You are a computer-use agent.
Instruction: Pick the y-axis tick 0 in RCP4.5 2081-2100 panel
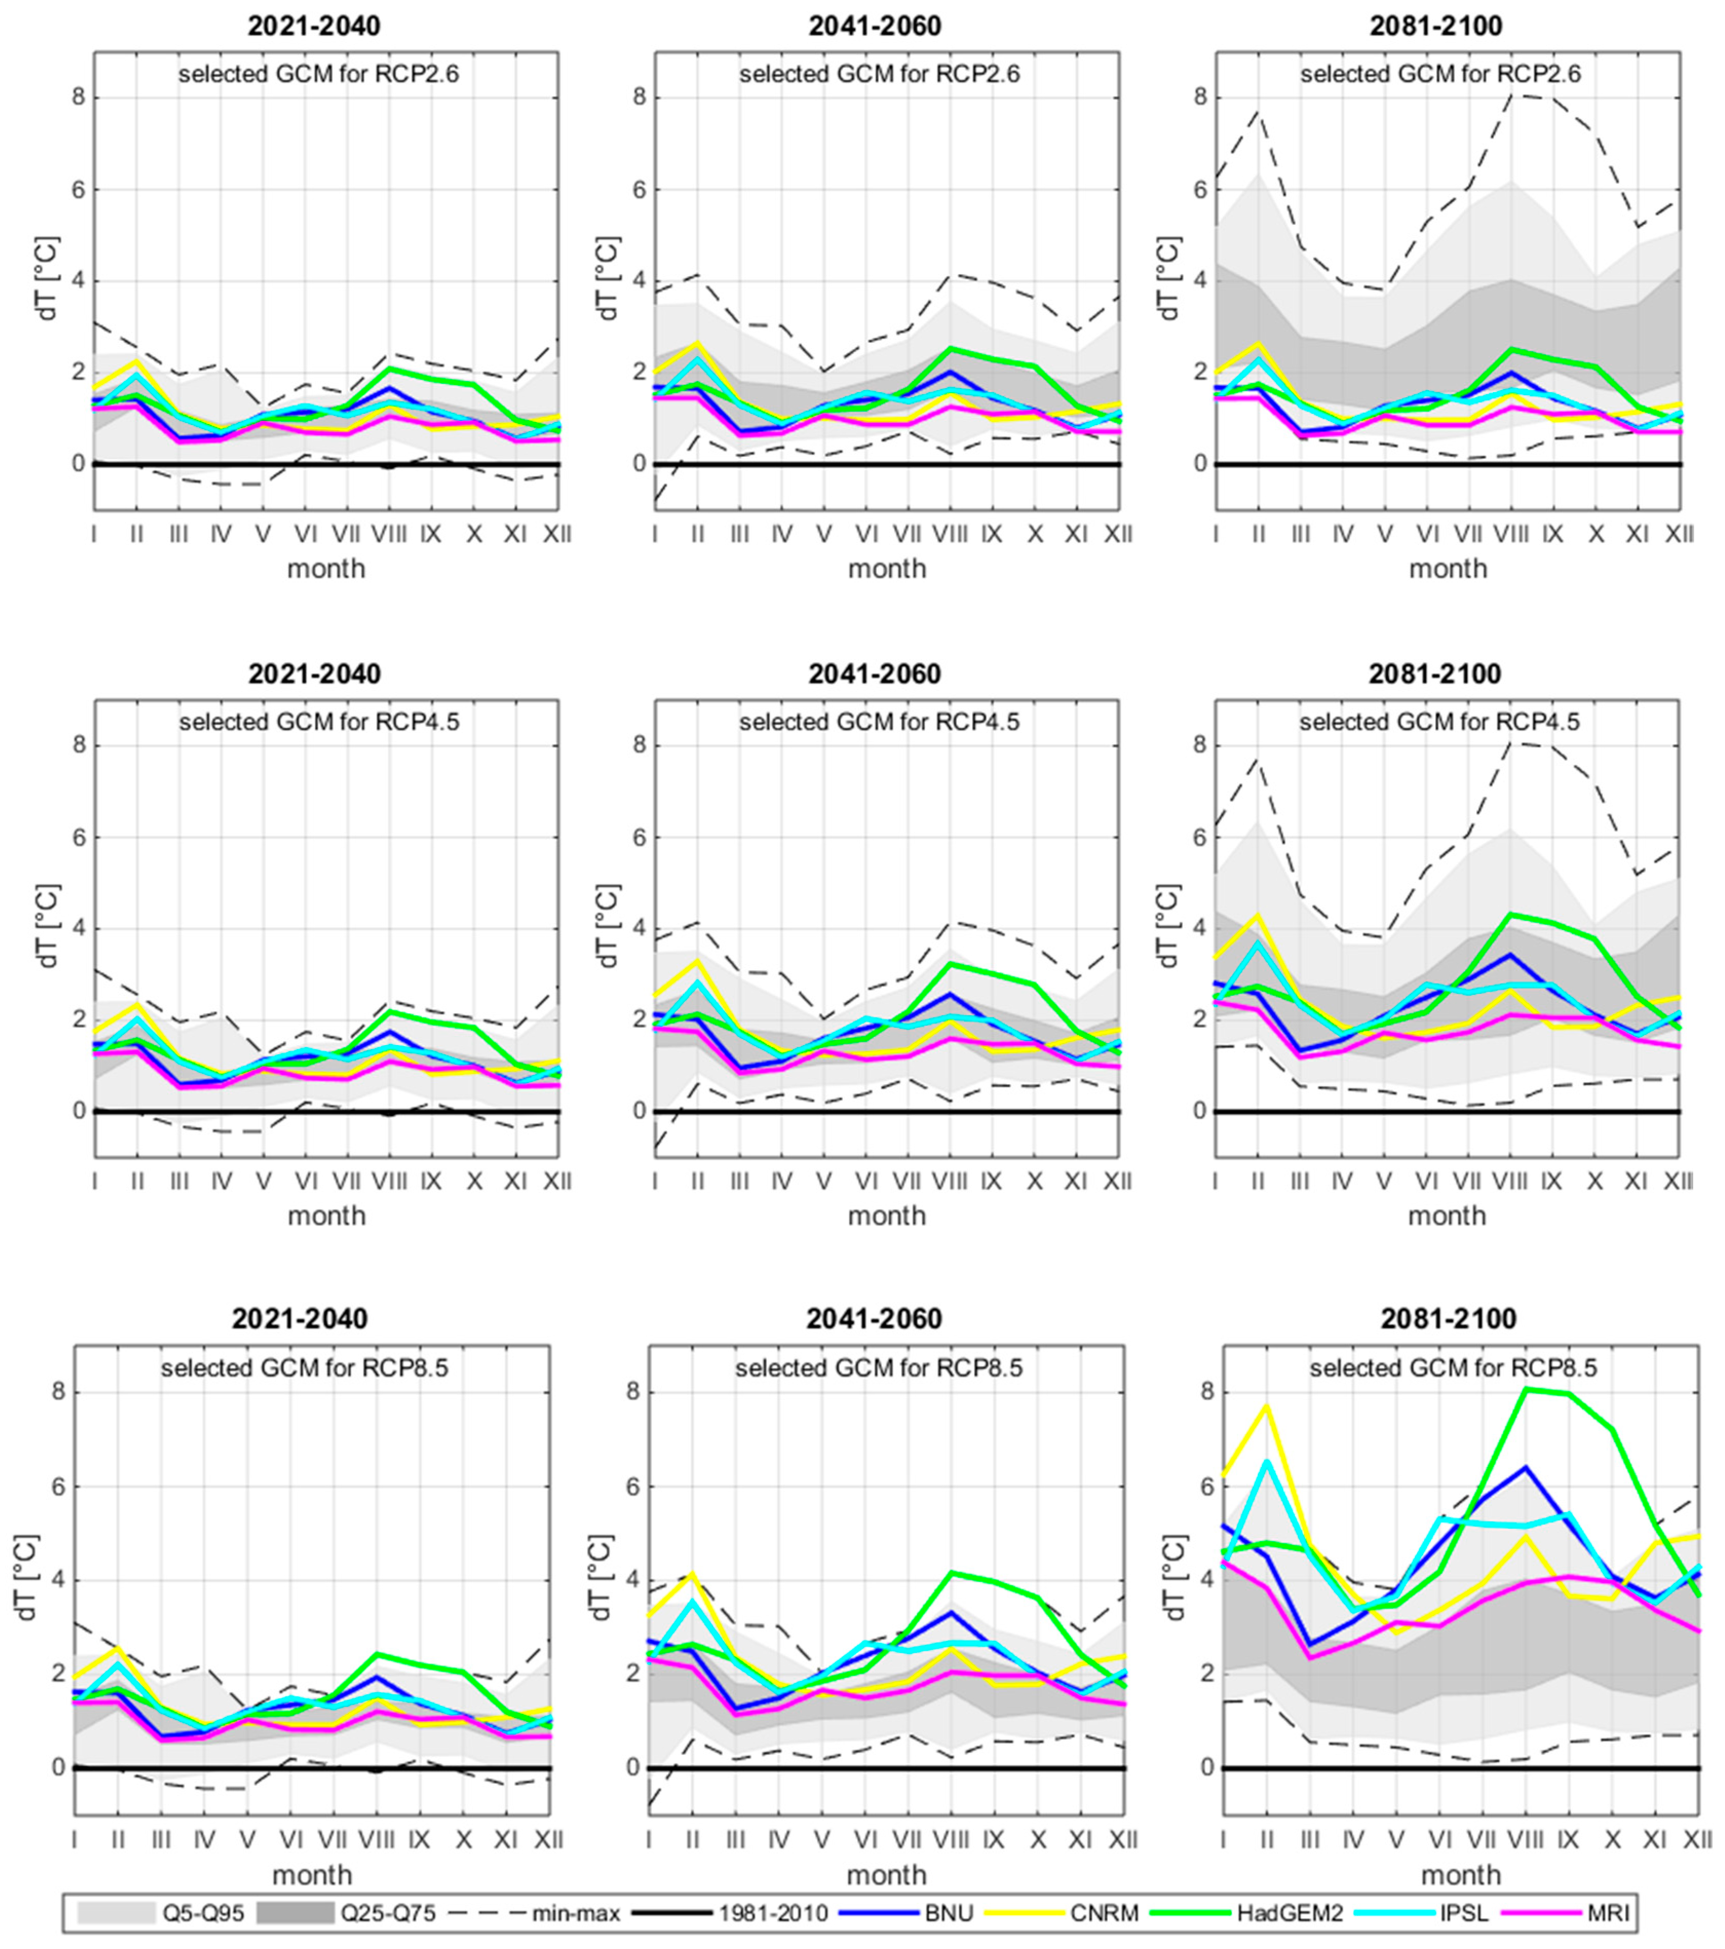[1200, 1111]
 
